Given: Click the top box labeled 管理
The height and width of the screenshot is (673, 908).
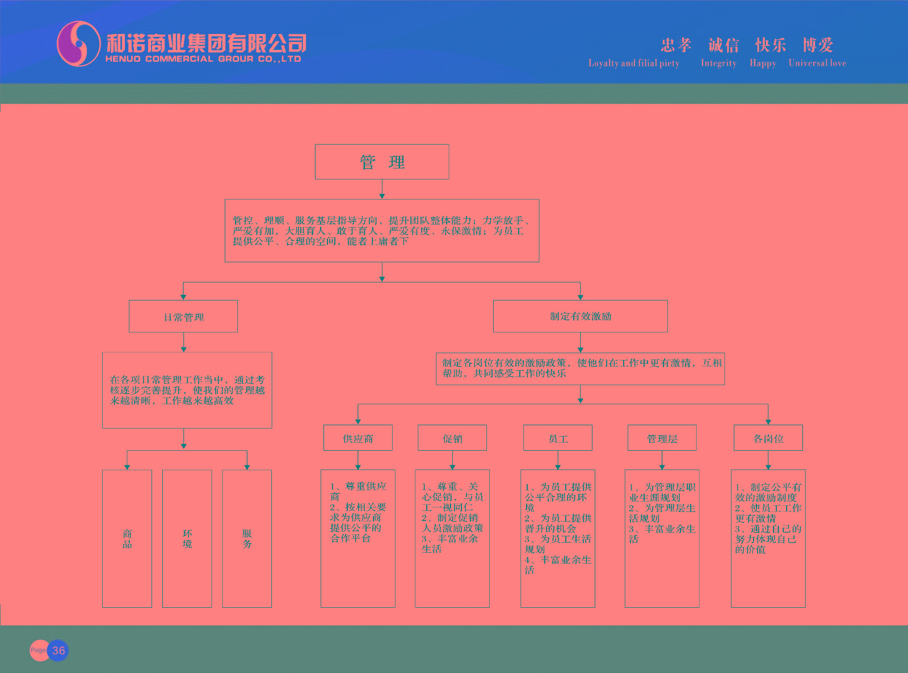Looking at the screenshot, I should click(382, 162).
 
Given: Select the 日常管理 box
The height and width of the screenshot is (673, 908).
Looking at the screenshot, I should click(183, 316).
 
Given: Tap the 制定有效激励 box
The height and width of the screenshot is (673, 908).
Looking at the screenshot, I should click(580, 316).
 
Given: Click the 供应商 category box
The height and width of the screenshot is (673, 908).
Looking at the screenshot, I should click(358, 438).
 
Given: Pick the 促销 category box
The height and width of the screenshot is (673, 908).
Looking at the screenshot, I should click(452, 438).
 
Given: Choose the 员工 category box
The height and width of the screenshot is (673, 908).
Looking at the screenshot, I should click(558, 438).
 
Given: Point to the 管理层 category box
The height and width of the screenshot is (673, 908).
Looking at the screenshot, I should click(662, 438).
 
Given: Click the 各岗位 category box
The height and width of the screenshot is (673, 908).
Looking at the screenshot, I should click(768, 438).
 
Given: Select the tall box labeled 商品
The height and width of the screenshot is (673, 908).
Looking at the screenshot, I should click(127, 539).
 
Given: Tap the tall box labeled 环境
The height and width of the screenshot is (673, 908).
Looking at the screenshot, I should click(187, 539).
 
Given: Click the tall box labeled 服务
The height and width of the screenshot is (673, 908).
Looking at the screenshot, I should click(247, 539).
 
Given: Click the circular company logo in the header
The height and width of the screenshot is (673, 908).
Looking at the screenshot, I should click(78, 44).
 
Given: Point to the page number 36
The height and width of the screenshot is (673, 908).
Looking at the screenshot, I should click(58, 650).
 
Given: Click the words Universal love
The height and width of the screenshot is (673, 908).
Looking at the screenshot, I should click(817, 63).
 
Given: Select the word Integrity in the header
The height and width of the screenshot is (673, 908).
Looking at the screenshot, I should click(718, 63).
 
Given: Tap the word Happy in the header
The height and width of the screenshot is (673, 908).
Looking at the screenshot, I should click(763, 63).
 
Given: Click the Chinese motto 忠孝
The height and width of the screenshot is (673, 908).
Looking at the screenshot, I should click(676, 45).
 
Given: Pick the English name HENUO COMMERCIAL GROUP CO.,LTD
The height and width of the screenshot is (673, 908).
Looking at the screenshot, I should click(203, 59).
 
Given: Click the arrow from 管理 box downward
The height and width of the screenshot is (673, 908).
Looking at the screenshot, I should click(382, 189).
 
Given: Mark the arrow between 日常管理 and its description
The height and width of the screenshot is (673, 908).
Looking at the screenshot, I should click(183, 342).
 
